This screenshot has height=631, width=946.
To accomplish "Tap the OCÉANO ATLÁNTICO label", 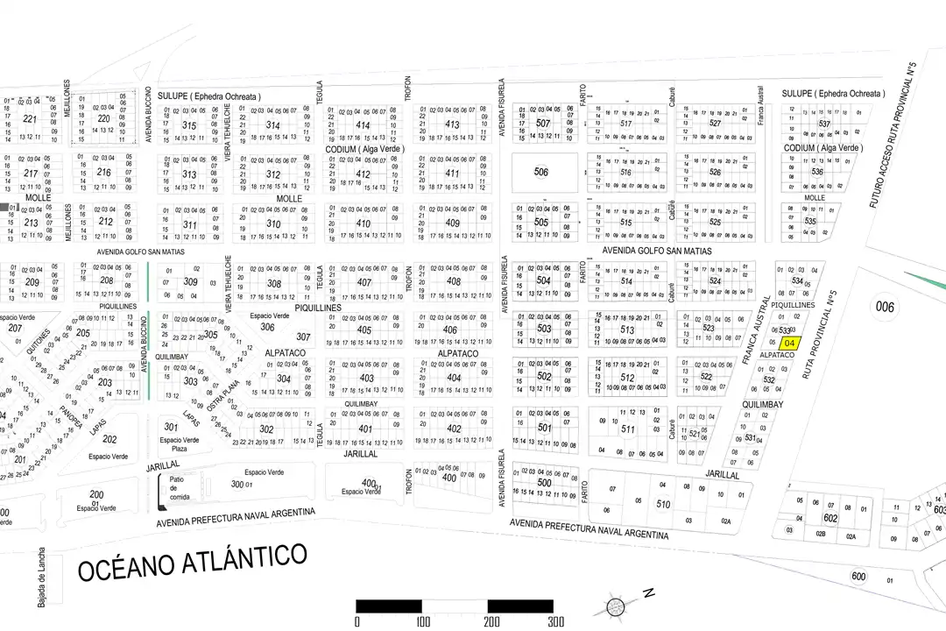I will [x=193, y=561].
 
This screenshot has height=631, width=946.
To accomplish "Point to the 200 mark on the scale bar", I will [x=488, y=621].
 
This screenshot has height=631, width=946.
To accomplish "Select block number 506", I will [x=541, y=173].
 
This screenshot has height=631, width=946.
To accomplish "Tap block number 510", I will [x=663, y=505].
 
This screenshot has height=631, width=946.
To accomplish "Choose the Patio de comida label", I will [x=180, y=488].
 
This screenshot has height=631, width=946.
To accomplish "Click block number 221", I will [x=31, y=119].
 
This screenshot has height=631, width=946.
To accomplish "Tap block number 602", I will [x=830, y=518].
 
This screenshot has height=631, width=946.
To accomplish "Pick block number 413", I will [x=452, y=124].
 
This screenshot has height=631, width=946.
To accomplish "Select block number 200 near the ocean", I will [x=96, y=495].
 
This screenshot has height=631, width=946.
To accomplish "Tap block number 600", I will [x=858, y=576].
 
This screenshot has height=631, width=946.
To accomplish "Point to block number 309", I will [x=190, y=282].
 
